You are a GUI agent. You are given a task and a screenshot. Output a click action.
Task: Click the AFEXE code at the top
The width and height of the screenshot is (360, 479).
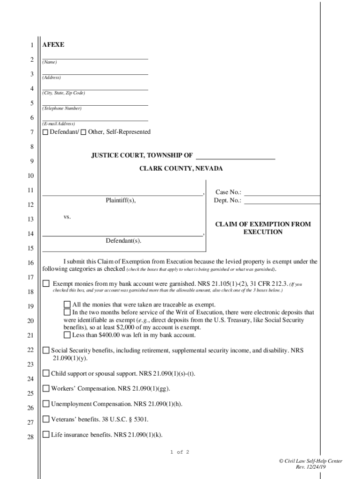point(53,45)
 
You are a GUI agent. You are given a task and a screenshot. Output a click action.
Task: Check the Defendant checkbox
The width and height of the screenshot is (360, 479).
point(45,132)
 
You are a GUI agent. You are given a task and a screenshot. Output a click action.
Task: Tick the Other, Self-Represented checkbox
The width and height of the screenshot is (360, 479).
point(84,132)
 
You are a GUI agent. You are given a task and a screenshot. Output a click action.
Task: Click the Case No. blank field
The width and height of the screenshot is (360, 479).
point(282,192)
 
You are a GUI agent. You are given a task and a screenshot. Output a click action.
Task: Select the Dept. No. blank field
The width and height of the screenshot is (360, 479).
point(282,201)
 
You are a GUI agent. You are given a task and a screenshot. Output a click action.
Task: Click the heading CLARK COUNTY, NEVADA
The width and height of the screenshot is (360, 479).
point(181,169)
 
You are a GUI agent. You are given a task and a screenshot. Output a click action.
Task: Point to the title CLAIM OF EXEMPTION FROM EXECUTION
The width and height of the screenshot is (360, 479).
point(263,228)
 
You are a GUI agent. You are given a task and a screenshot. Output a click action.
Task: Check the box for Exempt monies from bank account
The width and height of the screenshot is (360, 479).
point(46,283)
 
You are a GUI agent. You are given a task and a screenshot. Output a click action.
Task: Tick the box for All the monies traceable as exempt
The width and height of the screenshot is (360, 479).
point(67,305)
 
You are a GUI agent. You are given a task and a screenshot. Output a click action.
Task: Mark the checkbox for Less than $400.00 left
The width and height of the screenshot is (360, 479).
point(67,335)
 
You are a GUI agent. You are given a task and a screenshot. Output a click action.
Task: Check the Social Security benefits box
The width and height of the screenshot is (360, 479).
point(46,350)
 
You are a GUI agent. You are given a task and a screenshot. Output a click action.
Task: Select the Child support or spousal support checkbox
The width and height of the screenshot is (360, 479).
point(46,373)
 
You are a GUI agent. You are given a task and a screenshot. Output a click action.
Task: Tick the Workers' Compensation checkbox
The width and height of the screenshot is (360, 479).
point(46,388)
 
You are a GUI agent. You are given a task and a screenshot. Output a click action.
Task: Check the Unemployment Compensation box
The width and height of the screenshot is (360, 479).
point(46,404)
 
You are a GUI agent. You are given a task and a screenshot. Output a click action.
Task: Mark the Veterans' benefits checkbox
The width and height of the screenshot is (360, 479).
point(46,419)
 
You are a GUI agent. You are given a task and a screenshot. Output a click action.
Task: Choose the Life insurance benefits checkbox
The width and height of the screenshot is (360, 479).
point(46,435)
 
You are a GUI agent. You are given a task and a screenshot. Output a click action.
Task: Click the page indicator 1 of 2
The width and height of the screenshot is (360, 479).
point(180,452)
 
